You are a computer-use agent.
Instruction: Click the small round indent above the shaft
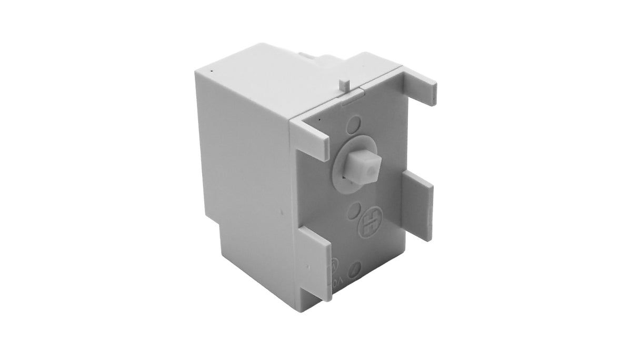point(355,125)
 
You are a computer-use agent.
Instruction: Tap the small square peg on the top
point(344,85)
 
